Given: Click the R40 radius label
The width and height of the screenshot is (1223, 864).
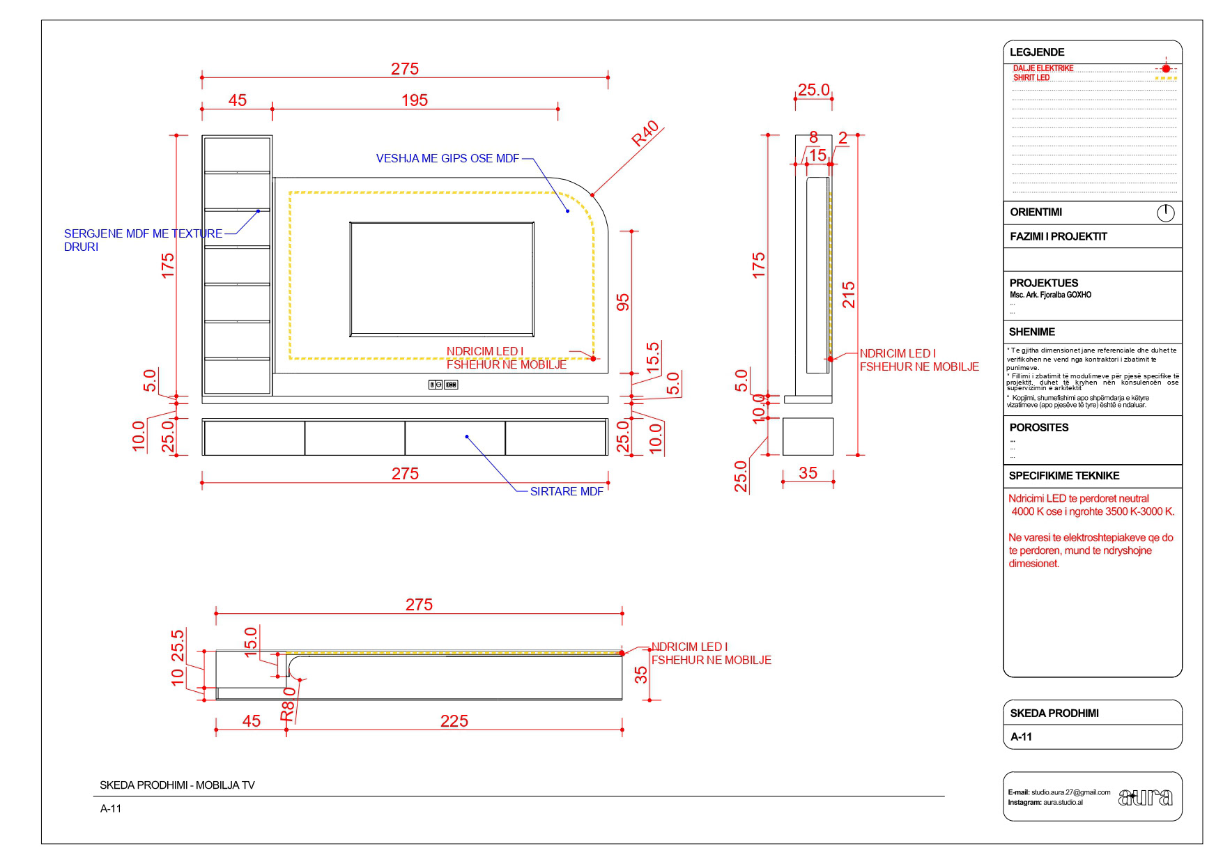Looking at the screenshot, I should (645, 134).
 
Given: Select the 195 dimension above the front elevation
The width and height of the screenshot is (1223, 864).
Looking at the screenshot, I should (414, 100).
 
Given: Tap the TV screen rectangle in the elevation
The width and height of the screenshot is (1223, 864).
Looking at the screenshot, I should (442, 279).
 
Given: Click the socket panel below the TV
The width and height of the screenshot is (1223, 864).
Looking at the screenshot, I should (443, 385).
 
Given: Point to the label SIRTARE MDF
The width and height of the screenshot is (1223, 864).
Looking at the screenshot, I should (567, 491).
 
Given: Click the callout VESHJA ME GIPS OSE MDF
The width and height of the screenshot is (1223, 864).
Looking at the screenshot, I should (447, 159).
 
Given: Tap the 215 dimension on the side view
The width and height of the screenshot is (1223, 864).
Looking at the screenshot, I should (848, 295).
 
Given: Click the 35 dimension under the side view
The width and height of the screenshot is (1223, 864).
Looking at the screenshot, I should (808, 473).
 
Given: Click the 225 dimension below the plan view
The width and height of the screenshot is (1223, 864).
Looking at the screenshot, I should (454, 721).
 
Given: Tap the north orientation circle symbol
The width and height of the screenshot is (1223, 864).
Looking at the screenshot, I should (1165, 213).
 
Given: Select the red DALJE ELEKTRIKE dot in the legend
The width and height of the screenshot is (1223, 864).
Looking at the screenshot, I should (1166, 68).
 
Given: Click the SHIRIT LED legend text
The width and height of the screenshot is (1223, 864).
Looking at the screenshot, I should (1031, 78).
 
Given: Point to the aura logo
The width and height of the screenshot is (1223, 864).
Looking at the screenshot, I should (1145, 797).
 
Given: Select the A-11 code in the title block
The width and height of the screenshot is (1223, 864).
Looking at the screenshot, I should (1021, 736).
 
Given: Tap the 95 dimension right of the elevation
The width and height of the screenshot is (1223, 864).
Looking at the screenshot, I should (623, 301).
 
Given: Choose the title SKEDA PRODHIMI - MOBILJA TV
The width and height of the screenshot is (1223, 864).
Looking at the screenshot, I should (177, 785).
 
